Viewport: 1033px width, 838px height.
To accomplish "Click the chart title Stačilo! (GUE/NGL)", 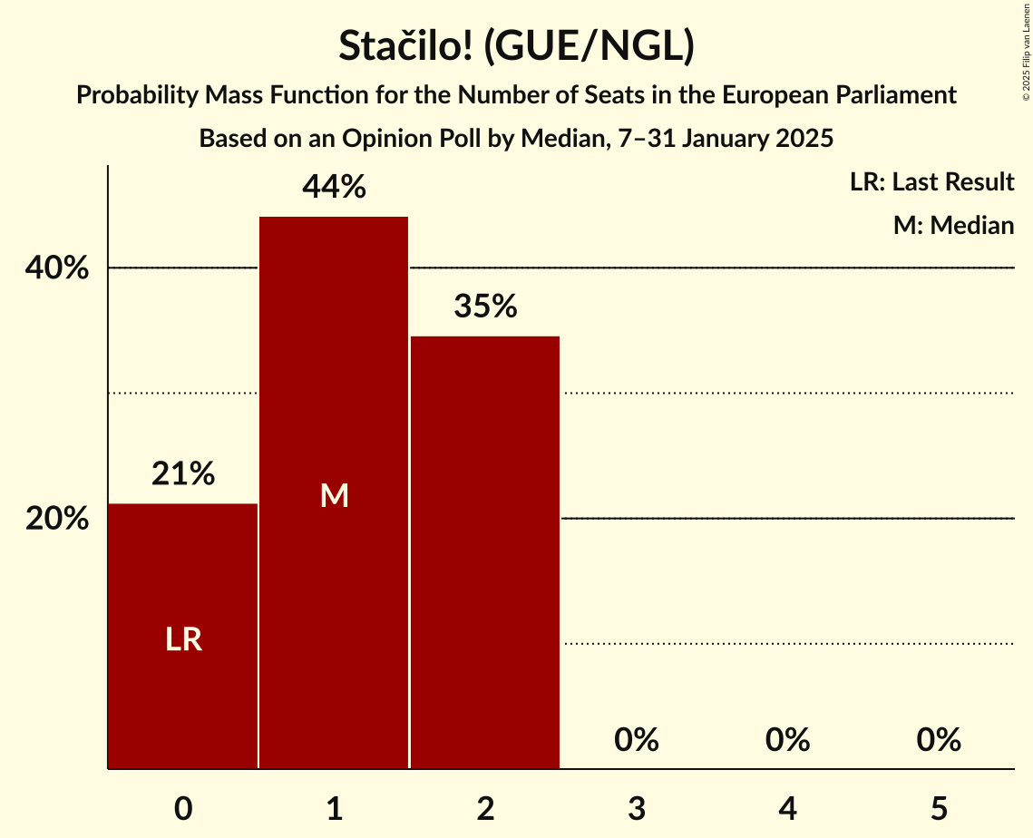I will tap(516, 46).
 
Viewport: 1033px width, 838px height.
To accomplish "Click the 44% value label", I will tap(334, 188).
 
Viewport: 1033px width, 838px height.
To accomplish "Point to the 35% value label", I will tap(485, 307).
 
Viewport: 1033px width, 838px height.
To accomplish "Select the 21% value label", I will tap(183, 473).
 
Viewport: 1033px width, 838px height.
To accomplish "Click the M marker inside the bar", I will tap(334, 495).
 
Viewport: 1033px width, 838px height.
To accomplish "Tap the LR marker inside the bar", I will tap(183, 640).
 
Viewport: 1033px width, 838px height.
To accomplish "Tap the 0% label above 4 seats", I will tap(787, 741).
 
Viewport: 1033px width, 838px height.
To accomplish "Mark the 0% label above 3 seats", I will tap(637, 741).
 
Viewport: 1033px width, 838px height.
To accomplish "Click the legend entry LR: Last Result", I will tap(931, 182).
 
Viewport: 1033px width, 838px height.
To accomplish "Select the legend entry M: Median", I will tap(953, 226).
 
